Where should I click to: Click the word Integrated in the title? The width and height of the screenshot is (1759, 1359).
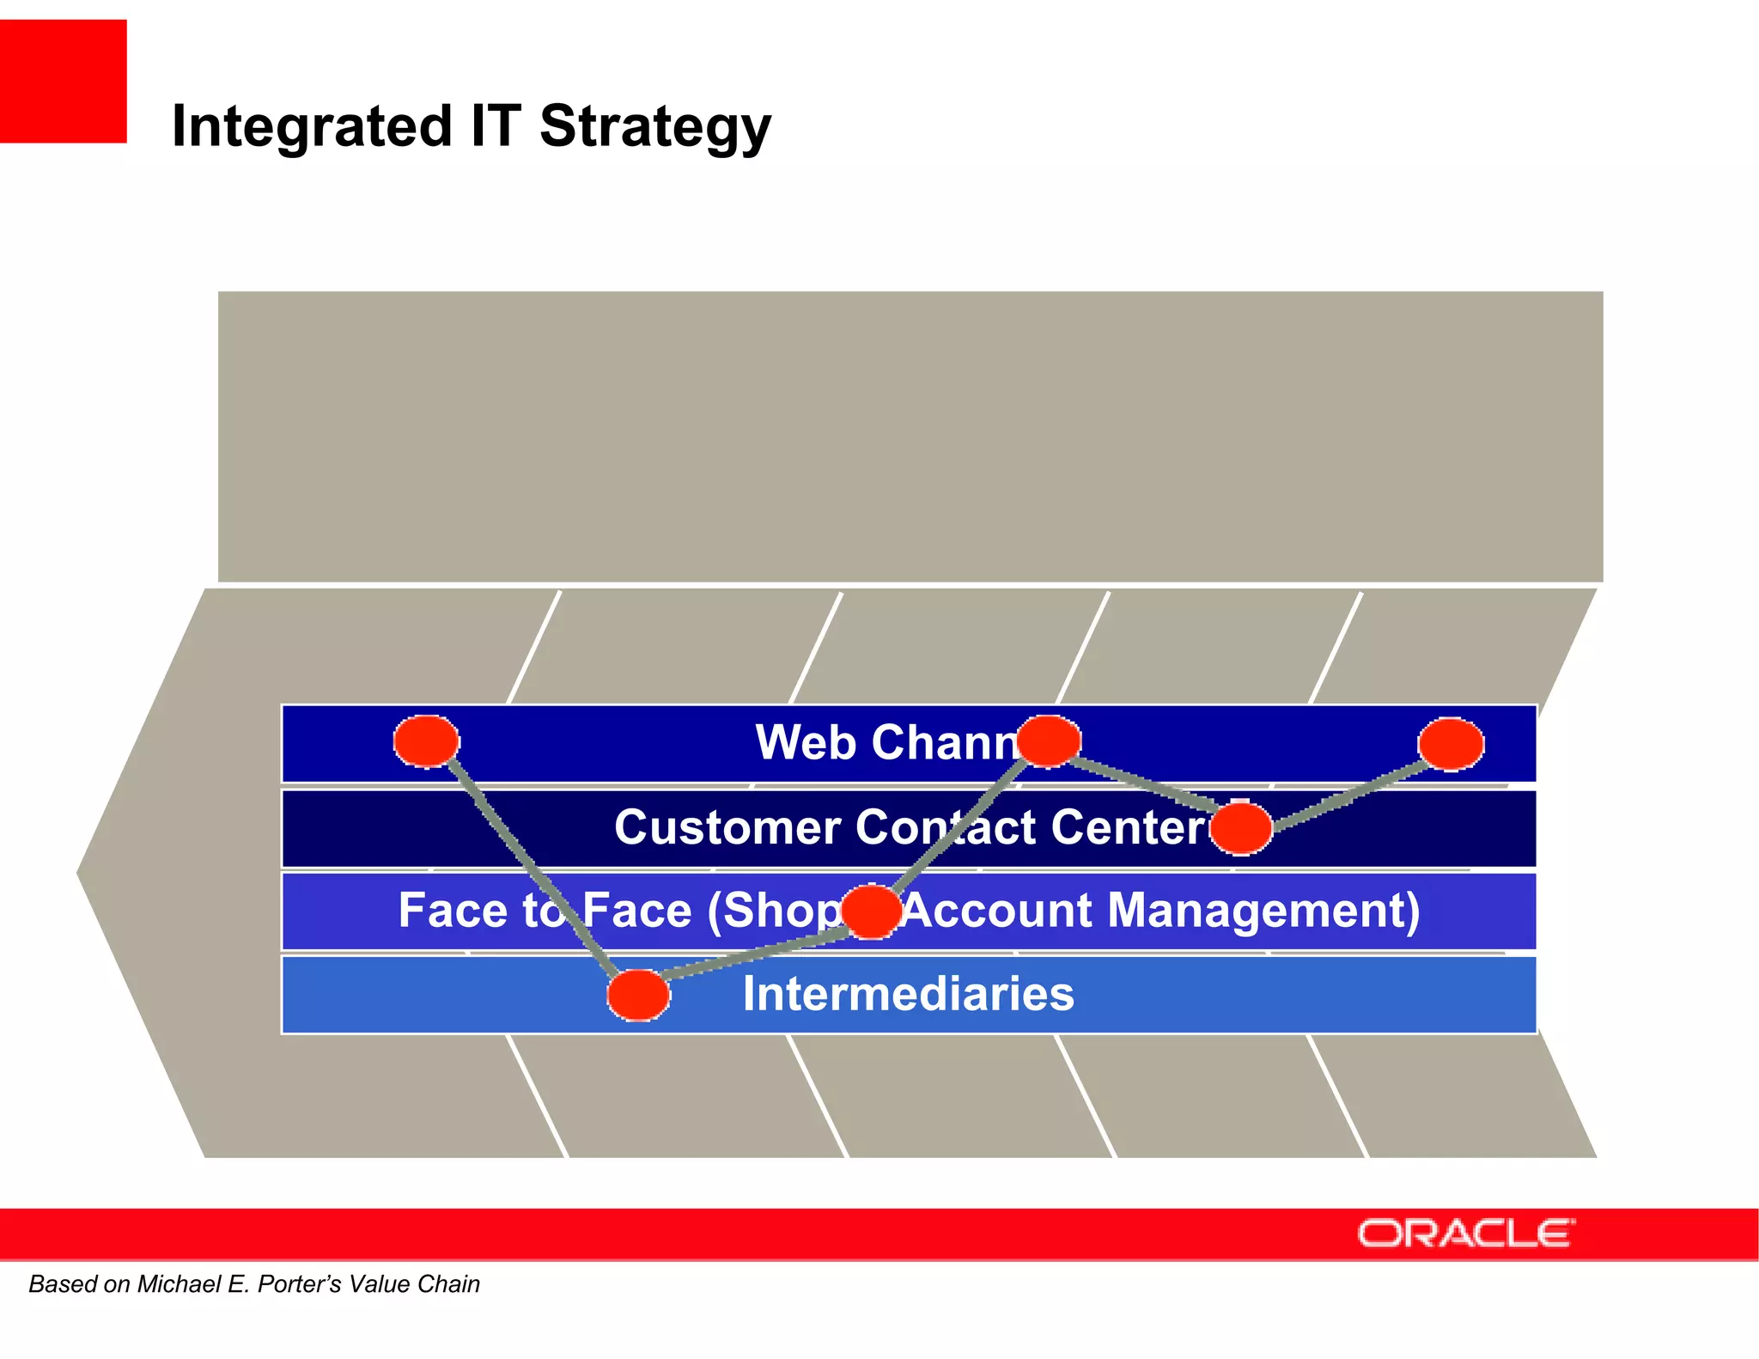tap(312, 126)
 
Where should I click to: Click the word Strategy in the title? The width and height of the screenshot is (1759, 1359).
tap(655, 126)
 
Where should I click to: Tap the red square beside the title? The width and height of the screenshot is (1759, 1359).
tap(63, 81)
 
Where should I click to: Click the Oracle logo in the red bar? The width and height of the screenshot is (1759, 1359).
tap(1465, 1234)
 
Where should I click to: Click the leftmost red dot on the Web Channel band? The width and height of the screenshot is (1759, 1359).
tap(426, 740)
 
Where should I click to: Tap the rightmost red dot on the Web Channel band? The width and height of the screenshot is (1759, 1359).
tap(1451, 744)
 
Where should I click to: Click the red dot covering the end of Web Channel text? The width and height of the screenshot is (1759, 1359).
tap(1048, 740)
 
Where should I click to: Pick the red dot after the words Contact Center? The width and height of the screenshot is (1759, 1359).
tap(1240, 828)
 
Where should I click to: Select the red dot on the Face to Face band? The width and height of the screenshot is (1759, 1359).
tap(871, 911)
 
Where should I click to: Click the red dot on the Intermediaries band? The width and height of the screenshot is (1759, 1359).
tap(638, 995)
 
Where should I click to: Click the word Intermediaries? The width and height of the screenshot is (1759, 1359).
tap(908, 994)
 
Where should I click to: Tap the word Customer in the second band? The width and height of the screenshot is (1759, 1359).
tap(727, 827)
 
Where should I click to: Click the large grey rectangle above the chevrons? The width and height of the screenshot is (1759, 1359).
tap(910, 436)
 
